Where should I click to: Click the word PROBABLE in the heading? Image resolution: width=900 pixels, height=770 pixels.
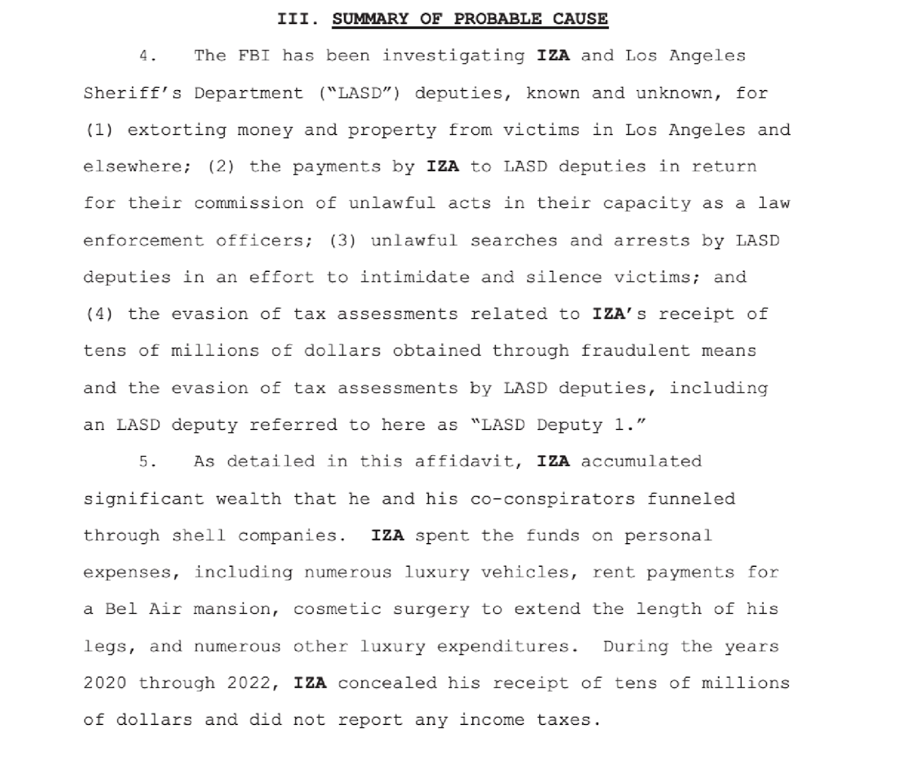pos(497,19)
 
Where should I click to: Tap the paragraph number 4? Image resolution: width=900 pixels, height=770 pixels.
pos(147,56)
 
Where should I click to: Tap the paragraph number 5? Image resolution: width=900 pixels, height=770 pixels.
pos(147,462)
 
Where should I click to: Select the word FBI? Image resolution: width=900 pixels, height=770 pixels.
pos(254,56)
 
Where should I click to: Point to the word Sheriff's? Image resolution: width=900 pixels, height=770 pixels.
pos(132,93)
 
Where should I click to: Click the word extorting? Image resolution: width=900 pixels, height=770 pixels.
pos(177,130)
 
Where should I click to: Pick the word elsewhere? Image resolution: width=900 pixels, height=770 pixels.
pos(137,167)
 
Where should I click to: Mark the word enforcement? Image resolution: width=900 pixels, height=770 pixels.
pos(143,240)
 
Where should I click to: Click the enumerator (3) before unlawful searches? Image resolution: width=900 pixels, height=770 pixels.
pos(343,240)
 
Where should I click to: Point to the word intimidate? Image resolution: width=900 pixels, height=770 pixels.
pos(414,277)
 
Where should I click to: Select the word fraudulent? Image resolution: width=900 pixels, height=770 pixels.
pos(634,351)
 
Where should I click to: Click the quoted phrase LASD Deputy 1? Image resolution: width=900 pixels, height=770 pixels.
pos(557,425)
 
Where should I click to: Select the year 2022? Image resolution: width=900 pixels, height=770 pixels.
pos(249,683)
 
